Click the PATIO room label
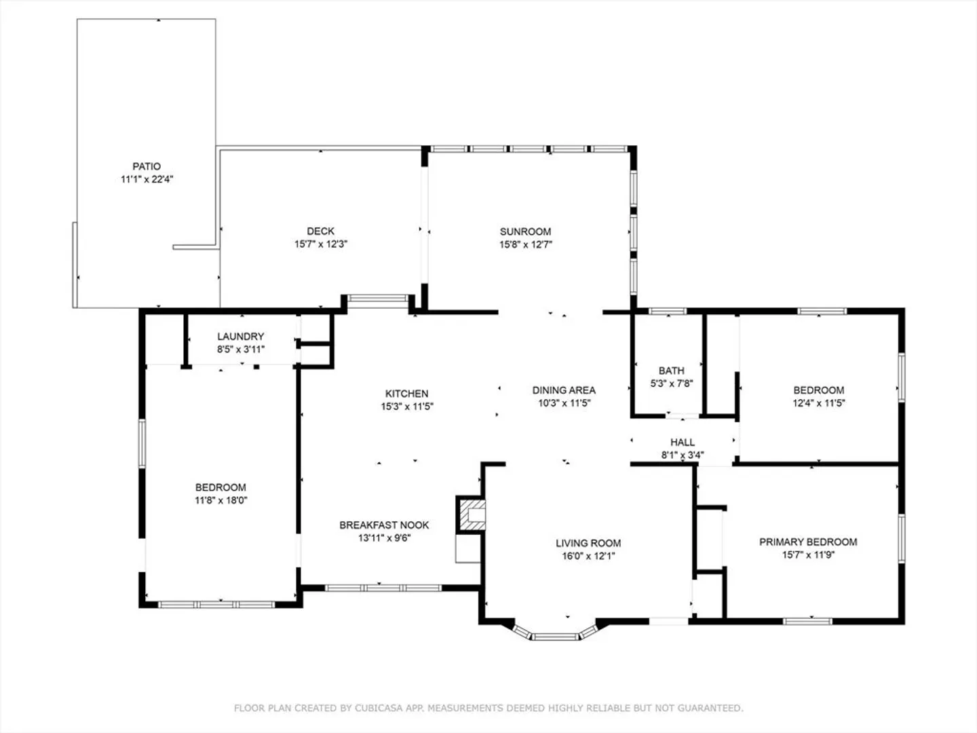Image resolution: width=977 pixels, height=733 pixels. (147, 166)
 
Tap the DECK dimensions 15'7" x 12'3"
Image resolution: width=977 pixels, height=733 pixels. (320, 244)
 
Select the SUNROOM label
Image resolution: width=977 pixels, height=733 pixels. (525, 231)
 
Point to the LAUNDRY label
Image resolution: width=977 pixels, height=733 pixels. (240, 337)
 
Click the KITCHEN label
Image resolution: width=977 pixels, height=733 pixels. (407, 394)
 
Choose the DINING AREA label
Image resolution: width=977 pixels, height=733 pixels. (564, 390)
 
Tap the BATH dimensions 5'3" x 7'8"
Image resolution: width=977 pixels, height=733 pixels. (672, 383)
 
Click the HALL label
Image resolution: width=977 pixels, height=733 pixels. (683, 442)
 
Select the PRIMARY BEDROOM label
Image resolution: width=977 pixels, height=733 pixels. (808, 542)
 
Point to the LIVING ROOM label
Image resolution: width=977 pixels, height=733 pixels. (588, 543)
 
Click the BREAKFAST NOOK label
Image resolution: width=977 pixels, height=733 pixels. (384, 525)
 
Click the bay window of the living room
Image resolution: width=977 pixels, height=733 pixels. (555, 635)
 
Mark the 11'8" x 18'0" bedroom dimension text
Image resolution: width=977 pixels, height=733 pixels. (221, 500)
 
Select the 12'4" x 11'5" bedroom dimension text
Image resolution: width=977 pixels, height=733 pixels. (818, 402)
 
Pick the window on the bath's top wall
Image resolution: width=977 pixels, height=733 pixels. (667, 311)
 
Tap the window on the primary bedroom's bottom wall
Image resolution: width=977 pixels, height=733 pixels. (807, 621)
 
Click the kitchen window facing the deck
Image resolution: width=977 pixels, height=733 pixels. (377, 298)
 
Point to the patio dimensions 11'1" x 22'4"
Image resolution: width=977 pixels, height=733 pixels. (147, 179)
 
